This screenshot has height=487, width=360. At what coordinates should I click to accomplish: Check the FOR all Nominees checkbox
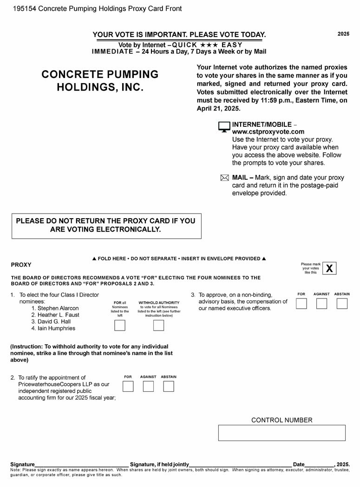pyautogui.click(x=119, y=325)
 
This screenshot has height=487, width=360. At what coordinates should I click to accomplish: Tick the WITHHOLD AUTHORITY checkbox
pyautogui.click(x=159, y=325)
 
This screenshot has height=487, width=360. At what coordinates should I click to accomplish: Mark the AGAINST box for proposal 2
pyautogui.click(x=148, y=386)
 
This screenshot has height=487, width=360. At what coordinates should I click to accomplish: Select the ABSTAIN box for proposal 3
pyautogui.click(x=342, y=304)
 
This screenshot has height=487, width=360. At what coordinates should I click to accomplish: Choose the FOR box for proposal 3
pyautogui.click(x=301, y=304)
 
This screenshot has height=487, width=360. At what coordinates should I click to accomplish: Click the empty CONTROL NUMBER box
pyautogui.click(x=282, y=433)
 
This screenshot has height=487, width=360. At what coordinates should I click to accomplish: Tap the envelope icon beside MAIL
pyautogui.click(x=224, y=178)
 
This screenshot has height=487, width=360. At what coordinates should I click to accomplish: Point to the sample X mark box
pyautogui.click(x=329, y=268)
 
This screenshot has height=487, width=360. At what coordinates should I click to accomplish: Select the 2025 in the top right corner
pyautogui.click(x=343, y=34)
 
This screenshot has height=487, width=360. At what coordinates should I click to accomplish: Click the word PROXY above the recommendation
pyautogui.click(x=21, y=265)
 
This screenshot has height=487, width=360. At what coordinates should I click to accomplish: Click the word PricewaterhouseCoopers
pyautogui.click(x=52, y=384)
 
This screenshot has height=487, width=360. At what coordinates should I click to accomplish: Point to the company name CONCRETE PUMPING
pyautogui.click(x=100, y=74)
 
